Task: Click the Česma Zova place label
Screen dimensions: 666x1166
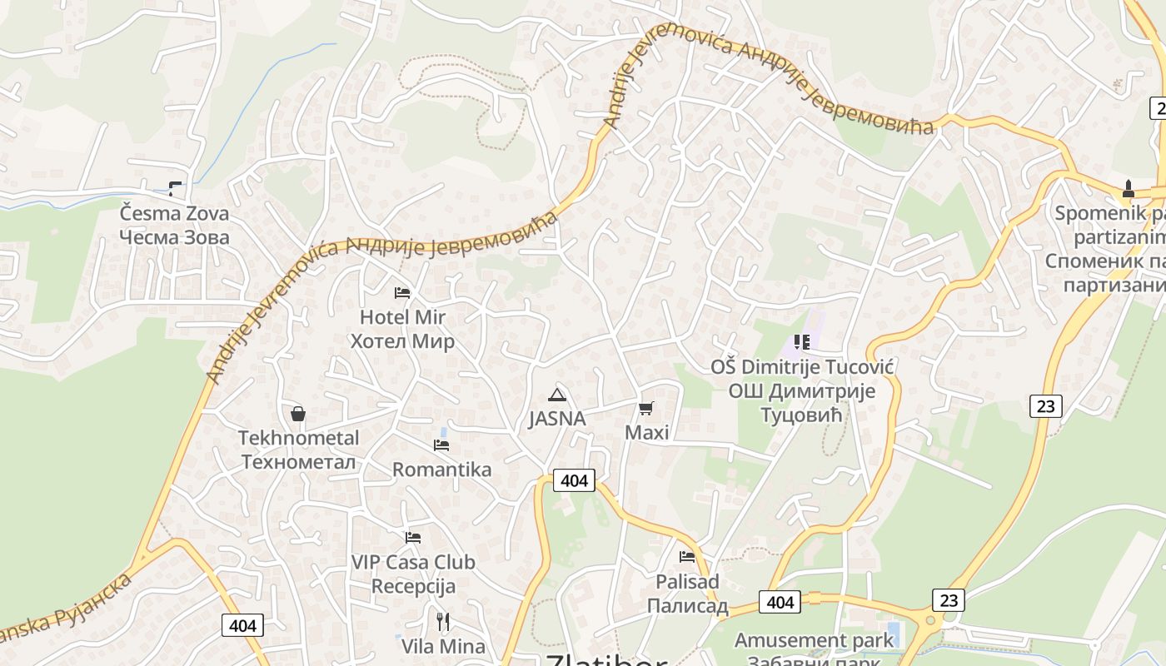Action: pyautogui.click(x=174, y=225)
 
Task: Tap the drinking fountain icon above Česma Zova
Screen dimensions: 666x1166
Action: pyautogui.click(x=175, y=188)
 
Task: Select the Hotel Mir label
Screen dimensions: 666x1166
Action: pyautogui.click(x=402, y=329)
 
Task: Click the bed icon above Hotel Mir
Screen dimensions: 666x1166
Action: pyautogui.click(x=402, y=292)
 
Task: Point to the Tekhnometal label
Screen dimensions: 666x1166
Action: pyautogui.click(x=298, y=450)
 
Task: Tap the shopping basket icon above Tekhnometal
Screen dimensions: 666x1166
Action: pyautogui.click(x=297, y=414)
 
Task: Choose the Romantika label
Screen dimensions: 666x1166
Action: pyautogui.click(x=441, y=470)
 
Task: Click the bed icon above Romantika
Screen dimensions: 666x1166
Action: pyautogui.click(x=441, y=445)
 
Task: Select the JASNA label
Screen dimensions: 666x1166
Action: pyautogui.click(x=557, y=419)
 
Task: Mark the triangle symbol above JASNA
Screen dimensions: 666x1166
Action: pyautogui.click(x=557, y=394)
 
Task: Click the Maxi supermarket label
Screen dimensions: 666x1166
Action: pyautogui.click(x=646, y=433)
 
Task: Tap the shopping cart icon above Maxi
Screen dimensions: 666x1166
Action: pyautogui.click(x=645, y=408)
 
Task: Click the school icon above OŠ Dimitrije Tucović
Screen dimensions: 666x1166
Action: pyautogui.click(x=802, y=341)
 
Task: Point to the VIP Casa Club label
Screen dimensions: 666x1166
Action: pyautogui.click(x=413, y=574)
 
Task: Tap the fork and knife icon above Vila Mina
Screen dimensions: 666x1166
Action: pyautogui.click(x=443, y=621)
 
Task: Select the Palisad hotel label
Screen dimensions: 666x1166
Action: pyautogui.click(x=687, y=594)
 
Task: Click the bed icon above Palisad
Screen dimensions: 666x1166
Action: pyautogui.click(x=687, y=556)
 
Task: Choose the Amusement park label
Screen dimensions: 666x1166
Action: pyautogui.click(x=814, y=640)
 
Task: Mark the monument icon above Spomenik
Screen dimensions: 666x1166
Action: pyautogui.click(x=1129, y=189)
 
